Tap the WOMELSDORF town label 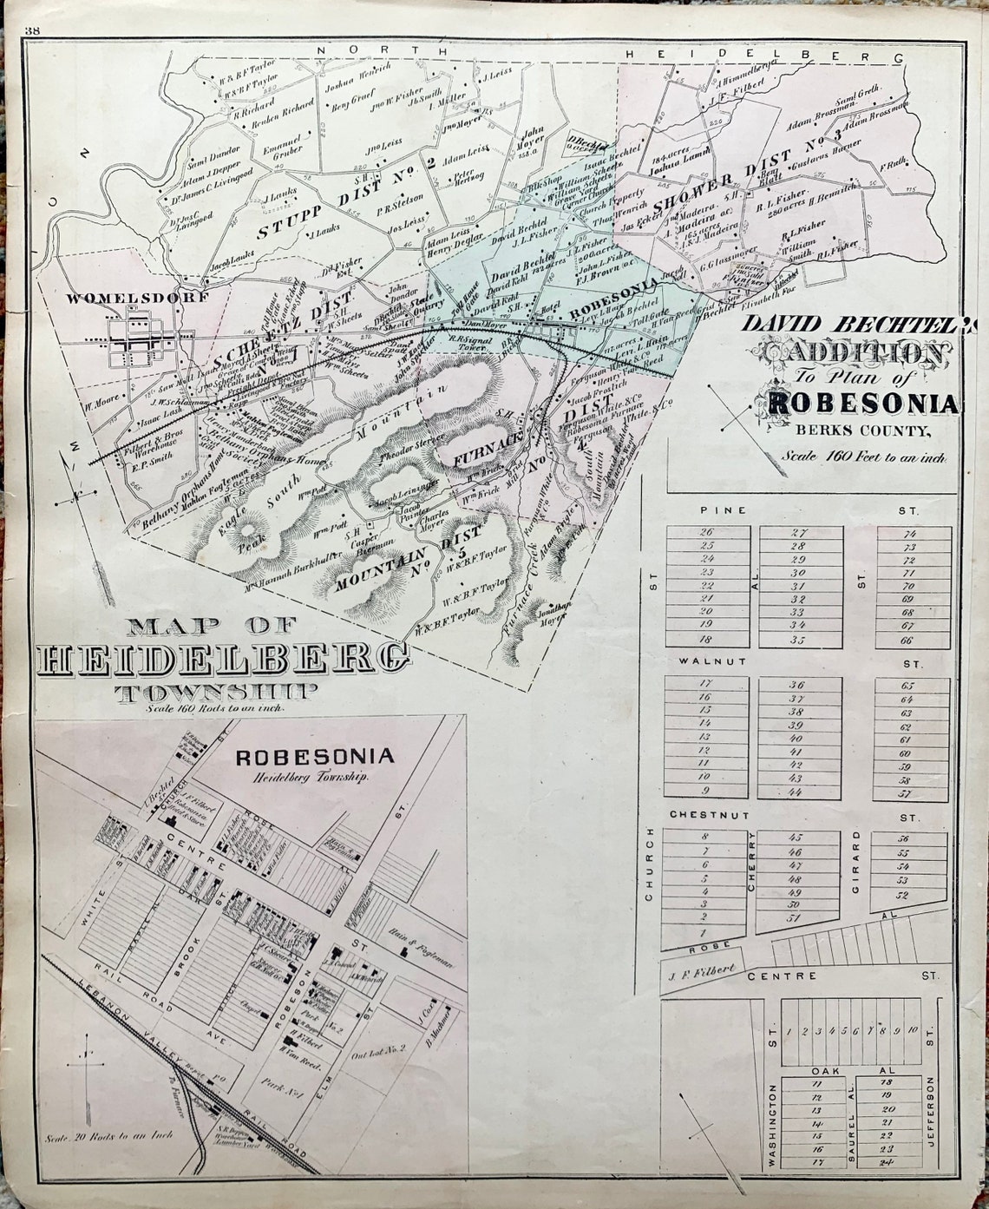click(137, 298)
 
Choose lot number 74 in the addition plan click(909, 534)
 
